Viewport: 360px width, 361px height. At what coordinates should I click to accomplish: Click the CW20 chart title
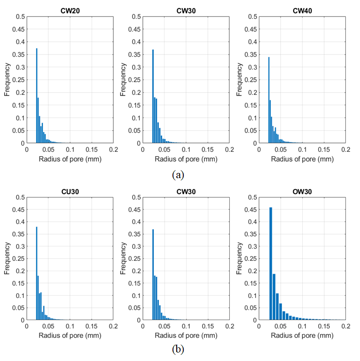point(70,11)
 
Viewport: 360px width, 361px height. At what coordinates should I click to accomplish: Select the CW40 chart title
point(302,11)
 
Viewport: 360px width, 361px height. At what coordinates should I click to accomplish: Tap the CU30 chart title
point(70,192)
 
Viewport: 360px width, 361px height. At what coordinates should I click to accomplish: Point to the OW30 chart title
point(302,192)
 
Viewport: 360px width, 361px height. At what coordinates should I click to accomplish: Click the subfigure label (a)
point(178,175)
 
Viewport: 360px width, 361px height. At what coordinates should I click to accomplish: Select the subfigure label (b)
point(178,349)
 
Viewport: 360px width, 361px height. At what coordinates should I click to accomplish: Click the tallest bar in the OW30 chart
point(271,264)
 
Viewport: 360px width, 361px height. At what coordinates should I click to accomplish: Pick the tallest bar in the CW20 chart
point(37,95)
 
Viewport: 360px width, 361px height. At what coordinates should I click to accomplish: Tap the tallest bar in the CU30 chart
point(37,273)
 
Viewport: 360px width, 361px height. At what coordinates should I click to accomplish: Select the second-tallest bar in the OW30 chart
point(274,297)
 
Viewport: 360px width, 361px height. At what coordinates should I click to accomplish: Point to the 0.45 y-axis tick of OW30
point(250,210)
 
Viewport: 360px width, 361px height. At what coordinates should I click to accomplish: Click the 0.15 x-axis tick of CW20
point(92,149)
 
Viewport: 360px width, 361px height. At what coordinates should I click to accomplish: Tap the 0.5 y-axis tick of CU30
point(20,197)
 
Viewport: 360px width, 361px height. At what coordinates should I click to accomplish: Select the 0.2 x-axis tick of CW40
point(345,149)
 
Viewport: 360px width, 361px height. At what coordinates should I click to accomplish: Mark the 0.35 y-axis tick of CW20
point(18,55)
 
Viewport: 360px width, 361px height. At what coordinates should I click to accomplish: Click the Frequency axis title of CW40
point(239,79)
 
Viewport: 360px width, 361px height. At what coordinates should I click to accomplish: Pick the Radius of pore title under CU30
point(70,336)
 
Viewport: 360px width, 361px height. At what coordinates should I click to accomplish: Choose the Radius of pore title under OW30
point(302,336)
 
